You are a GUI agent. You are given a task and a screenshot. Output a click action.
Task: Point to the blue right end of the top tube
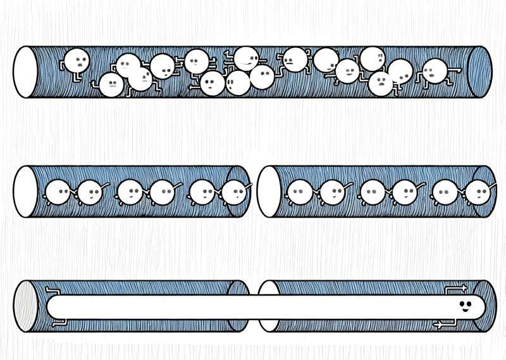coord(480,72)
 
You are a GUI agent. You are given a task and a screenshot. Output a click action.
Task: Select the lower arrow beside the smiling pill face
coord(443,325)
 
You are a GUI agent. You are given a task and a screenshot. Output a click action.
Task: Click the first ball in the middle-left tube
coord(59,192)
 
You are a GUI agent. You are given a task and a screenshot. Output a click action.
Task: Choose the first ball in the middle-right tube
coord(299,192)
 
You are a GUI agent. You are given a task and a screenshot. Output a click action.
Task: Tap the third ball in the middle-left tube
coord(129,192)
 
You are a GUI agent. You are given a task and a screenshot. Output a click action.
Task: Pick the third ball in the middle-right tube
coord(371,192)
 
